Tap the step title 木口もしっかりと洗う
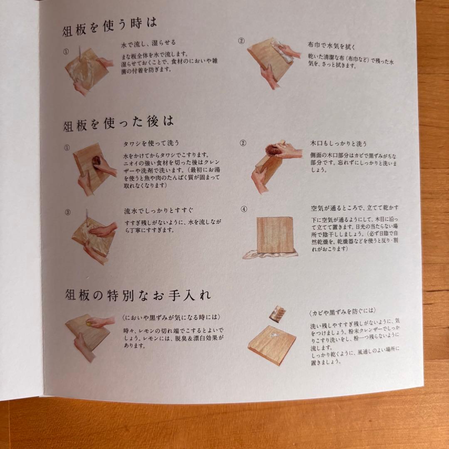click(338, 143)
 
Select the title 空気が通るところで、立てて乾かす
click(355, 207)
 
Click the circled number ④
click(244, 209)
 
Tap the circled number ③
click(68, 212)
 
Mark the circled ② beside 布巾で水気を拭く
click(241, 41)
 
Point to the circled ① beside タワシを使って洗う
click(67, 147)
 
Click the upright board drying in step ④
click(275, 235)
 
